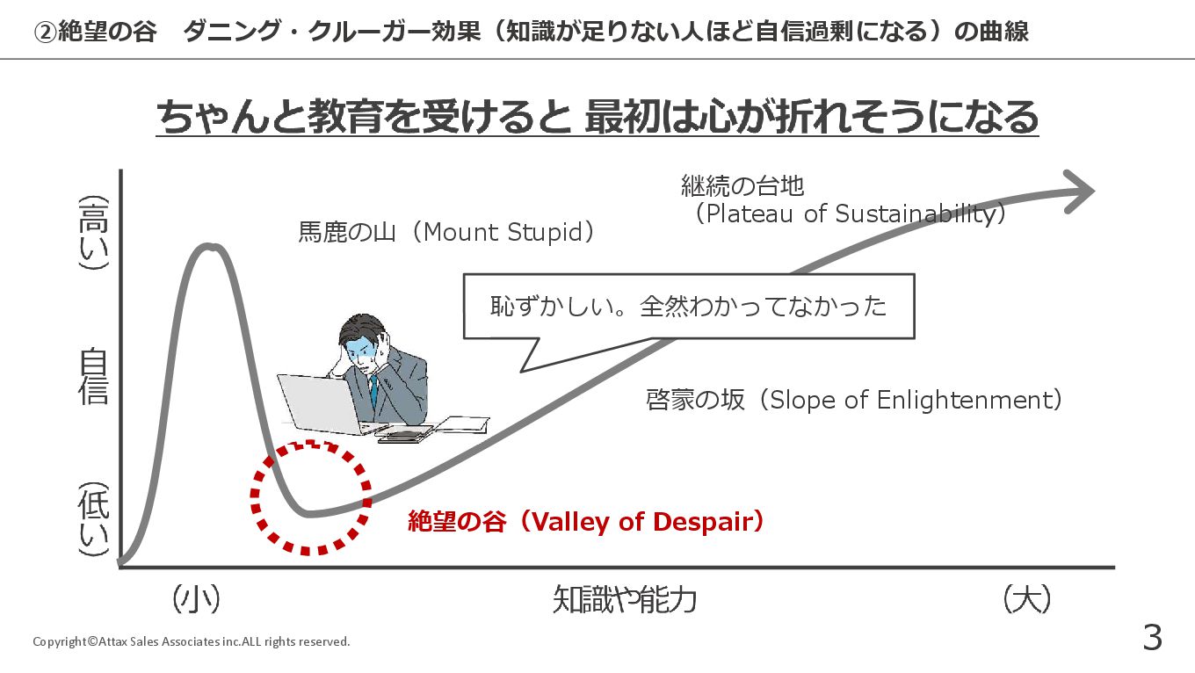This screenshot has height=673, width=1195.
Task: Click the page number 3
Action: point(1152,637)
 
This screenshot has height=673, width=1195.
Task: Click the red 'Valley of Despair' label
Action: point(586,521)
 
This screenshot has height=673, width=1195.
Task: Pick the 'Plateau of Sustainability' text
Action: point(851,213)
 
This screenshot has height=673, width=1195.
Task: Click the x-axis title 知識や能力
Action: point(625,599)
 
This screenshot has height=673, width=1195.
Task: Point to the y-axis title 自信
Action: point(93,376)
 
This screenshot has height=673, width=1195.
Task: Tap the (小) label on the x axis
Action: point(196,599)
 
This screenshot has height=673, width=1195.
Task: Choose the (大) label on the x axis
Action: point(1027,599)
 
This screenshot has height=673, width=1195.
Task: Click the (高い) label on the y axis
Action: point(94,233)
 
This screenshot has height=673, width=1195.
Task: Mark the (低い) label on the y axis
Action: point(94,519)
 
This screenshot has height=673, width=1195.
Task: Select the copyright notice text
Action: point(192,641)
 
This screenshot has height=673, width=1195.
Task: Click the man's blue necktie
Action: point(374,391)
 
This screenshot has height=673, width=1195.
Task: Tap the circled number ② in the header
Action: point(45,33)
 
